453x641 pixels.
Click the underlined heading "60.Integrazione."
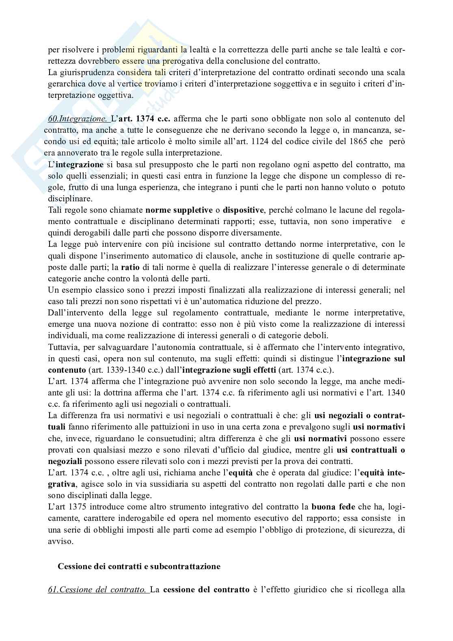(x=78, y=119)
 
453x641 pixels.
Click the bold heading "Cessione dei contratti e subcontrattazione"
(x=139, y=566)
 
